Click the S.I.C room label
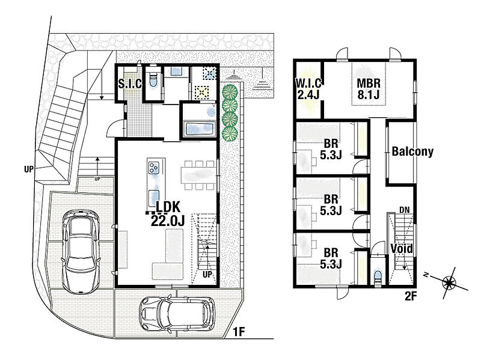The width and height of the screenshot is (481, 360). click(130, 84)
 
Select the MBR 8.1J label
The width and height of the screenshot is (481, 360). click(369, 88)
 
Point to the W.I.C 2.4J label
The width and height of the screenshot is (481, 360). click(309, 88)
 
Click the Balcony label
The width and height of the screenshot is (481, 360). click(412, 151)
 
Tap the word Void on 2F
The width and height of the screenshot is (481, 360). click(401, 248)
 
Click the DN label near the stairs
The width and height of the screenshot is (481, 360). click(405, 210)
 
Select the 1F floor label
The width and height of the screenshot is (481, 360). click(239, 332)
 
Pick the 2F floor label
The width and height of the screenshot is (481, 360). click(411, 296)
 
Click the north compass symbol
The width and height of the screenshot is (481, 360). click(449, 282)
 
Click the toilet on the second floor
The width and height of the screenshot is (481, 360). click(378, 276)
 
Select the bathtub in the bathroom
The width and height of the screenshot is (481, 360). click(200, 129)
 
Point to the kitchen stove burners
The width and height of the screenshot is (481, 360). click(154, 167)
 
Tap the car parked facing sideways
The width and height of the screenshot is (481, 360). click(177, 313)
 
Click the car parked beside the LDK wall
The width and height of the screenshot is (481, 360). click(81, 251)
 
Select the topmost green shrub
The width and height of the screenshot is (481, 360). click(230, 91)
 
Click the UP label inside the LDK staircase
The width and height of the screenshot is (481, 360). click(207, 274)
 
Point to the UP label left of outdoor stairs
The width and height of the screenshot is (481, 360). click(28, 169)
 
